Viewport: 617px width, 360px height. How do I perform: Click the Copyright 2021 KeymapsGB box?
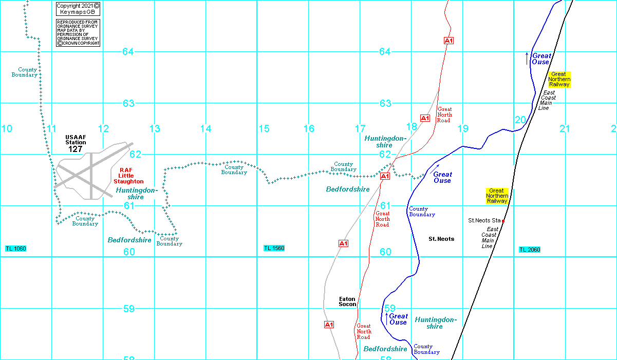(78, 9)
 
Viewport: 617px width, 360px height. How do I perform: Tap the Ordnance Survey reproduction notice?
(78, 33)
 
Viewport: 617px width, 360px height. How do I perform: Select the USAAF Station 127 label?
(76, 144)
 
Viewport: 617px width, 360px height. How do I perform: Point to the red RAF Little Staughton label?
(128, 176)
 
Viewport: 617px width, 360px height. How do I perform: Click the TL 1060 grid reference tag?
(16, 249)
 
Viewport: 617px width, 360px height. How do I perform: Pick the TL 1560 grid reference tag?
(274, 248)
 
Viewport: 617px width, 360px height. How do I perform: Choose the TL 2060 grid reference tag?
(530, 250)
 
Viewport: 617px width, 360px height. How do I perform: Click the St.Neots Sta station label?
(484, 220)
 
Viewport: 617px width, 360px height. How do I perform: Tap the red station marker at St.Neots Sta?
(503, 221)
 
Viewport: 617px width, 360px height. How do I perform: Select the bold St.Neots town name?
(441, 239)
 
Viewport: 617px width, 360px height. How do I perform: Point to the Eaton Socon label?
(347, 301)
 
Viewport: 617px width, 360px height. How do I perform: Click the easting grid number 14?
(206, 128)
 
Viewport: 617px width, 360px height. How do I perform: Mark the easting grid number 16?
(309, 128)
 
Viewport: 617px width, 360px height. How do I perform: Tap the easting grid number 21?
(565, 128)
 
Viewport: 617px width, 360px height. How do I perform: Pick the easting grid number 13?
(155, 128)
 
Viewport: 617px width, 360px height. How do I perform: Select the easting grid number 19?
(463, 128)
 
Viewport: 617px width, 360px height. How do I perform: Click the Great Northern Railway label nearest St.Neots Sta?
(497, 196)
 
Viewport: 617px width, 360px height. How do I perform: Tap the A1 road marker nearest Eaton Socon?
(329, 325)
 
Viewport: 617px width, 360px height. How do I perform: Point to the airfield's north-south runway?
(91, 176)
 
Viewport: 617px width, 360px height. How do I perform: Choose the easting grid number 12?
(103, 128)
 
